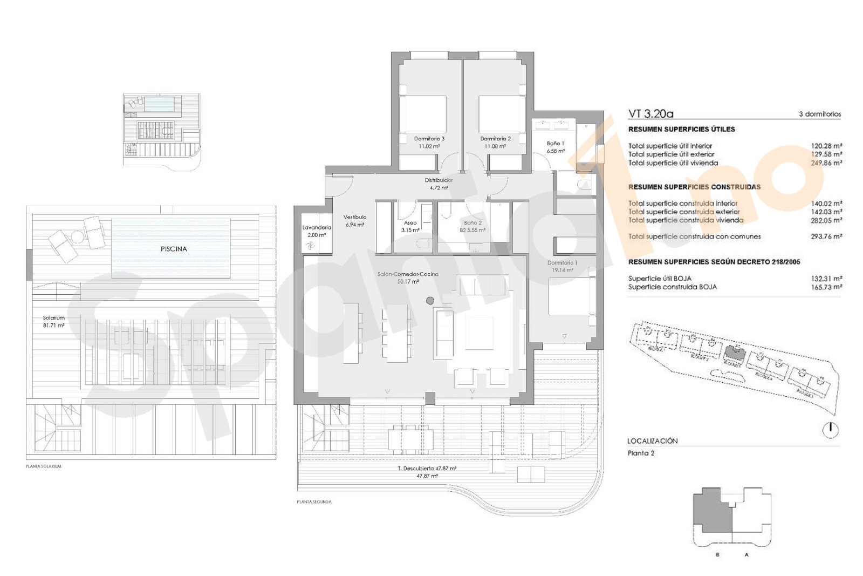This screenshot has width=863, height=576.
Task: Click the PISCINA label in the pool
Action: click(x=174, y=249)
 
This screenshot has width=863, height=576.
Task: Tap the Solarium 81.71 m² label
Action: click(x=53, y=322)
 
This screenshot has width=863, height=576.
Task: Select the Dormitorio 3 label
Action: click(x=429, y=143)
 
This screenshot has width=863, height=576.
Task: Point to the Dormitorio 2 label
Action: click(x=495, y=143)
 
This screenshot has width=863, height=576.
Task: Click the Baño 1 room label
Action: click(x=555, y=147)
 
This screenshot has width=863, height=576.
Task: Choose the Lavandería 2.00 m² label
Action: click(x=317, y=231)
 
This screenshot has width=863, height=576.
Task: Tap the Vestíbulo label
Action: click(x=354, y=221)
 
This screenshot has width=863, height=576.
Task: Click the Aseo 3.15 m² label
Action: click(x=410, y=226)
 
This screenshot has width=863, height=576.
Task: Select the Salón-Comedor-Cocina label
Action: click(x=408, y=277)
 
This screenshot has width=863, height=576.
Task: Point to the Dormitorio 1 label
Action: click(x=562, y=266)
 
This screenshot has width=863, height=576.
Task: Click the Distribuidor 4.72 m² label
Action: click(x=439, y=184)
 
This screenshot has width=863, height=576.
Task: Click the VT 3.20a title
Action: click(x=650, y=114)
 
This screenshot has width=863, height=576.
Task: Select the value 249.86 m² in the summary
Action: click(x=826, y=162)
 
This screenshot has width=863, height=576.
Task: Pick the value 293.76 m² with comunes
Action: click(x=826, y=236)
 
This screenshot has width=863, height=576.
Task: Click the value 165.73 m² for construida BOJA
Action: click(x=826, y=287)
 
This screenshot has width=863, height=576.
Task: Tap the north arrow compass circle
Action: click(x=830, y=430)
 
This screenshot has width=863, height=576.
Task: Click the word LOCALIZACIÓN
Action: click(x=652, y=441)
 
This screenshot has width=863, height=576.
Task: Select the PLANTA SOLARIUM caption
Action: click(x=44, y=466)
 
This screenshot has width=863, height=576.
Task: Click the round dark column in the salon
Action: click(x=430, y=301)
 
